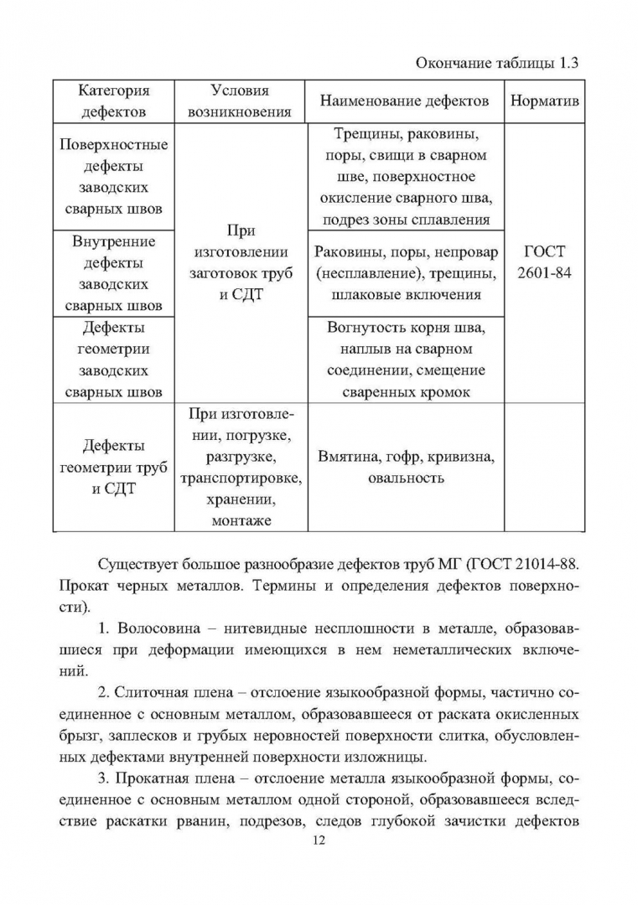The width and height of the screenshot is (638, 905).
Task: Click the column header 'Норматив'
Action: click(x=545, y=101)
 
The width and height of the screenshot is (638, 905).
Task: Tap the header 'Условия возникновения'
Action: click(x=240, y=101)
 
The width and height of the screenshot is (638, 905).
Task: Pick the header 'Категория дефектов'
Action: click(x=114, y=101)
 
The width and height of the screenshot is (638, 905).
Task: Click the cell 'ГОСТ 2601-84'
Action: click(x=545, y=263)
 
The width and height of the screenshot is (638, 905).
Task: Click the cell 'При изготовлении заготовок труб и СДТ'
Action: click(x=240, y=263)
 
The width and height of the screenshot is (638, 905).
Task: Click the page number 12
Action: click(x=318, y=840)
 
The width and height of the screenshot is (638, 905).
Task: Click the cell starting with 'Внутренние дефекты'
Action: click(x=114, y=273)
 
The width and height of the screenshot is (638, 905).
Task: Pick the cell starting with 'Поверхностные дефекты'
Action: click(x=114, y=177)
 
